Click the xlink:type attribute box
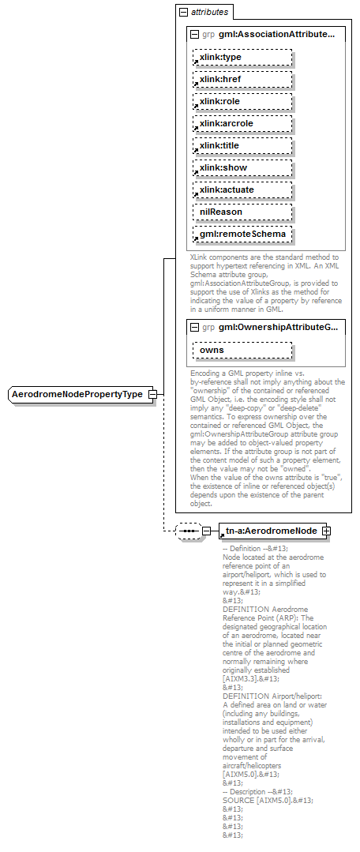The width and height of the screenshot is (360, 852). [242, 58]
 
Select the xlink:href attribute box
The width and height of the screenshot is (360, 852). [242, 80]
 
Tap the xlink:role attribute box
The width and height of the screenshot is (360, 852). [242, 102]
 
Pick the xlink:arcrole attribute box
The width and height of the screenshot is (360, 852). [242, 124]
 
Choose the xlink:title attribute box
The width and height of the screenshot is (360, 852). [242, 146]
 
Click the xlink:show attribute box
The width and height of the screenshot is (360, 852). [242, 168]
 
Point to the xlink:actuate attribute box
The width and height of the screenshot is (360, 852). [242, 190]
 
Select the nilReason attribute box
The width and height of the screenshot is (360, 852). [242, 212]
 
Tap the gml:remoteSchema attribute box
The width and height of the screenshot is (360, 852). [242, 235]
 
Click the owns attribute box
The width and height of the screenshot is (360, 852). [242, 350]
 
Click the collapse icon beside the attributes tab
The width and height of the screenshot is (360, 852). [184, 13]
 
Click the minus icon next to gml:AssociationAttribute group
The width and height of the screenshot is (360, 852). [194, 34]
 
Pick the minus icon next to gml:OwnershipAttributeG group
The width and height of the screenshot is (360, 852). [194, 326]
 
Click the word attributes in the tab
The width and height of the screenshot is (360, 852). [210, 13]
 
